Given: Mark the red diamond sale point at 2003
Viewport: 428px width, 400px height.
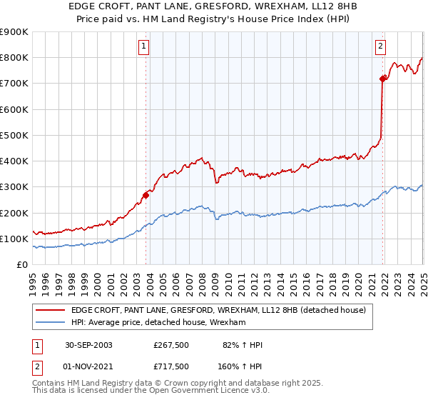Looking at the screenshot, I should [x=146, y=194].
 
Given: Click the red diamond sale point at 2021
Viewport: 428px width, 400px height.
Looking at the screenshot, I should [x=383, y=79].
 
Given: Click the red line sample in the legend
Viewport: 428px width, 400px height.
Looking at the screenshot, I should [x=51, y=310].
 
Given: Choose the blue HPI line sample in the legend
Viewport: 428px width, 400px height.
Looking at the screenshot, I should [x=51, y=323].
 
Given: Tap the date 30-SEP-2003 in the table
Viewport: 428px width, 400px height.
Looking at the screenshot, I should [x=88, y=346].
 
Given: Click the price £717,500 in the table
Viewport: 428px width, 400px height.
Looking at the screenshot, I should [x=171, y=366].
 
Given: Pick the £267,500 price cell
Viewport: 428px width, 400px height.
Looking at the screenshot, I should [x=171, y=346].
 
